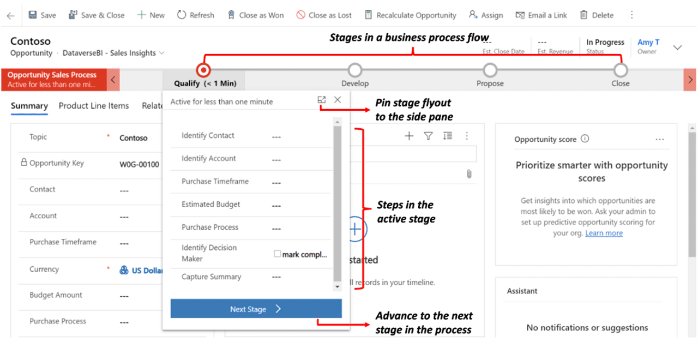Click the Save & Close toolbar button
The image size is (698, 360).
(x=97, y=15)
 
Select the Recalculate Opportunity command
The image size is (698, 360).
(x=410, y=15)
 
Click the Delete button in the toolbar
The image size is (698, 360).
(x=597, y=15)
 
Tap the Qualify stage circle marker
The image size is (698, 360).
(x=204, y=70)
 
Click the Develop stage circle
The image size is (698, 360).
(x=355, y=70)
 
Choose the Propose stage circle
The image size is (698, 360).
(x=490, y=70)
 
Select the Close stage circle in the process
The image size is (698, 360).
(x=620, y=70)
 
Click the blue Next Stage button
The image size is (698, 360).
(x=256, y=309)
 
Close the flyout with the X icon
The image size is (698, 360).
(x=338, y=100)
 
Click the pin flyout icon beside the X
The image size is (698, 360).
(x=322, y=100)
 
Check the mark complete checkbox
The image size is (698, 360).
(x=278, y=254)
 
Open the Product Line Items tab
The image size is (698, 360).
(x=94, y=106)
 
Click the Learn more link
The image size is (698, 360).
(x=604, y=233)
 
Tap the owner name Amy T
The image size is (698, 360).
(x=648, y=42)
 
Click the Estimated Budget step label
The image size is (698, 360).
(x=211, y=205)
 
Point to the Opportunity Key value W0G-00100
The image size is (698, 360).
(x=140, y=164)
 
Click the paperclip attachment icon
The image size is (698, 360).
(x=469, y=174)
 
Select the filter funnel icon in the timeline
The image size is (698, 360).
(x=428, y=136)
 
